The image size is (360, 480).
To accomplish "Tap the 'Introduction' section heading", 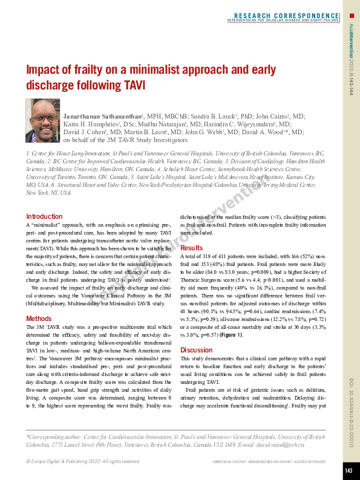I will click(x=44, y=216).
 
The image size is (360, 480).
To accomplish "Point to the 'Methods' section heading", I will click(x=39, y=318).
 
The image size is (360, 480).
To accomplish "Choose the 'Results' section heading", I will click(x=192, y=248).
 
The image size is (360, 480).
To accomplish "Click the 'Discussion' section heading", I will click(x=197, y=350).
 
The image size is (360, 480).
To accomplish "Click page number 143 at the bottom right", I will click(x=349, y=470).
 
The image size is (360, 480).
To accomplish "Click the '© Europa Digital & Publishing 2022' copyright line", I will click(x=83, y=461).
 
